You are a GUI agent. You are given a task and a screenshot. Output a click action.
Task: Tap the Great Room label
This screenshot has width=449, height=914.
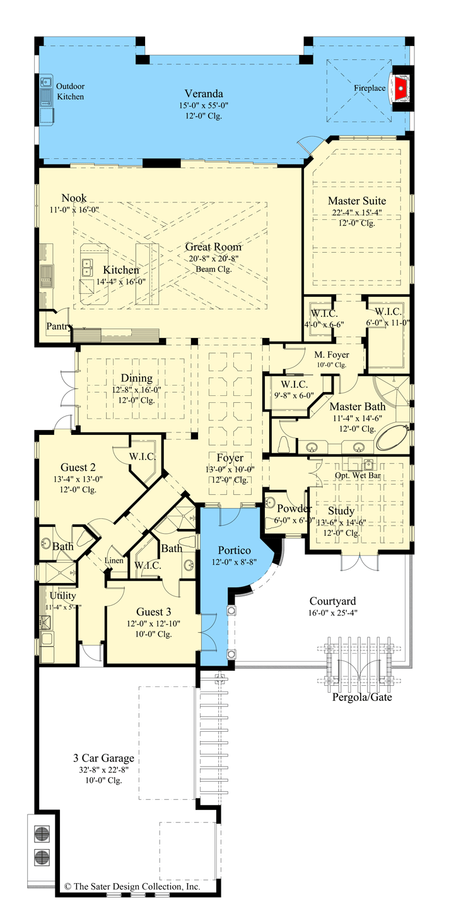coord(213,247)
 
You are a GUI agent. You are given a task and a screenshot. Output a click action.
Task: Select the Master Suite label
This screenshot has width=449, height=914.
coord(356,200)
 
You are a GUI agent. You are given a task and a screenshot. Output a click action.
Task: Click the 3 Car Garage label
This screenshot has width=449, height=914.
coord(102,758)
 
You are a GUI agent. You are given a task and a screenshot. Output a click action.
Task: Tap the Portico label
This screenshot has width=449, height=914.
coord(235,550)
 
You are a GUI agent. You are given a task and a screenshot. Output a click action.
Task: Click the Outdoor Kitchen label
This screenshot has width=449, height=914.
coord(71,91)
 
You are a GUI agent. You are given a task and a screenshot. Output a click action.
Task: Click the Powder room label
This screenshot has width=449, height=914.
coord(294,509)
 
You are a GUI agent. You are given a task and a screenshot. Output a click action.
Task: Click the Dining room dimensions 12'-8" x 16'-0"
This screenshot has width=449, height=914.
coord(136,390)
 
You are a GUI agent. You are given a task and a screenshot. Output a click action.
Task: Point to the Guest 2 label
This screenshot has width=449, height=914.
coord(78,468)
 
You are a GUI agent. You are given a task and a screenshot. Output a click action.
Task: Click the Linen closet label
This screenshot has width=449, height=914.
coord(114,559)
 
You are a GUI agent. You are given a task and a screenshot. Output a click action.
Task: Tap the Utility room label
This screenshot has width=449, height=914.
coord(62,596)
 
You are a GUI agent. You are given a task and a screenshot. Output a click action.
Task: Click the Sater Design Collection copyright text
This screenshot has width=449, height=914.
coord(132,886)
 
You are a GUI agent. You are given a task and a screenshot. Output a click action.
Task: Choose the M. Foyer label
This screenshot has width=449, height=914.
coord(332,354)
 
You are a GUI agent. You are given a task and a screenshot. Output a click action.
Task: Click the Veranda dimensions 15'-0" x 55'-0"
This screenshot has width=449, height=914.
coord(202,105)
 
